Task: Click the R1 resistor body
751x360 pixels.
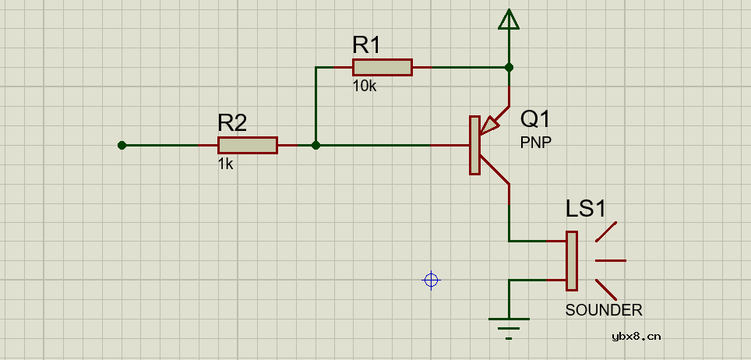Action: [382, 67]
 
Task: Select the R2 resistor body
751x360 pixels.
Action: [247, 145]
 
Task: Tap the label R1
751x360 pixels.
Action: [366, 45]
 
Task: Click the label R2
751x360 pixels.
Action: [232, 122]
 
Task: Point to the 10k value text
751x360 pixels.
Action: [365, 86]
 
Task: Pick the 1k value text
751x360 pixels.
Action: [225, 164]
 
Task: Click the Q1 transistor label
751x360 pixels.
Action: [535, 118]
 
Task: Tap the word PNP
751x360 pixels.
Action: [535, 143]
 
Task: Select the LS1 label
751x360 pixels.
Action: [585, 209]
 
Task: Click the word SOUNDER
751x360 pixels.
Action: [604, 310]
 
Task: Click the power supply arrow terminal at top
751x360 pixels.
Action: [509, 19]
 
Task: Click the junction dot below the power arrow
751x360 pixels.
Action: [509, 67]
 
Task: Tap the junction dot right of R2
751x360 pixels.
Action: [316, 145]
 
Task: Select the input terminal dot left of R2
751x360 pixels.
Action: [122, 145]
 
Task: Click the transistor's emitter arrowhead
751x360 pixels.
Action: [491, 124]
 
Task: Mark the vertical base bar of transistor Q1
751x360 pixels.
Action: [474, 145]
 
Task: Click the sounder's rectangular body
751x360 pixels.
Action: [572, 259]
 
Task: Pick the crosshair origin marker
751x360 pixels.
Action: [431, 280]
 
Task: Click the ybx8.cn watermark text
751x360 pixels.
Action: [636, 336]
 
